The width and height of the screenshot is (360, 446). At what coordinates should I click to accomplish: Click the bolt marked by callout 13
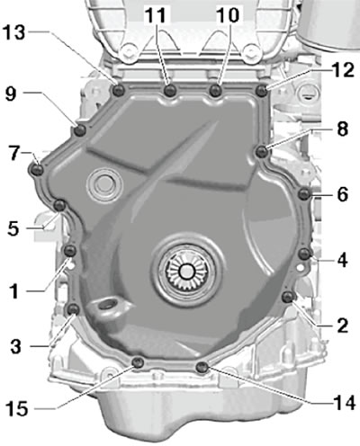[118, 90]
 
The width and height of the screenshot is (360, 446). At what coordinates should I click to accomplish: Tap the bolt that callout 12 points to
[262, 90]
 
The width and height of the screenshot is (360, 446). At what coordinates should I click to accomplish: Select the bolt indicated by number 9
[80, 130]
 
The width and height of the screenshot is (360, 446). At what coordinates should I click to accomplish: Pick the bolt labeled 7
[37, 169]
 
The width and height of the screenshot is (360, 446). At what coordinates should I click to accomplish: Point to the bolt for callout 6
[305, 194]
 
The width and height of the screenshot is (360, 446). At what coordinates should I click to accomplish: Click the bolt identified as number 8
[262, 152]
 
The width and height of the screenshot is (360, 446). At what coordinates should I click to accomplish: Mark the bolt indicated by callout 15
[138, 363]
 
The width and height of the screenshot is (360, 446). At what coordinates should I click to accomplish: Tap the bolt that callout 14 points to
[202, 367]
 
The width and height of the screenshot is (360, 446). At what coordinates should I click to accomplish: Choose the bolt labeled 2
[288, 297]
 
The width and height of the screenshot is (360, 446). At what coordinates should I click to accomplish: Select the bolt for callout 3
[73, 309]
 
